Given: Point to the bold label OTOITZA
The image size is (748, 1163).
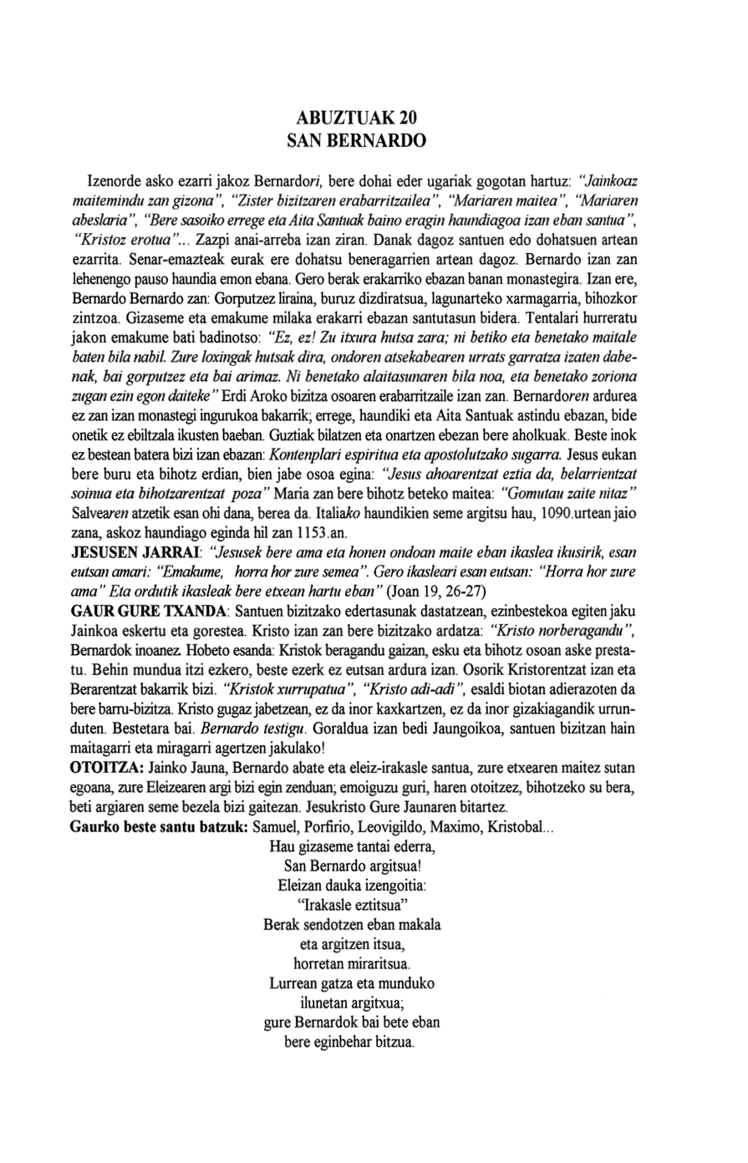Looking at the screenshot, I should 104,767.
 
